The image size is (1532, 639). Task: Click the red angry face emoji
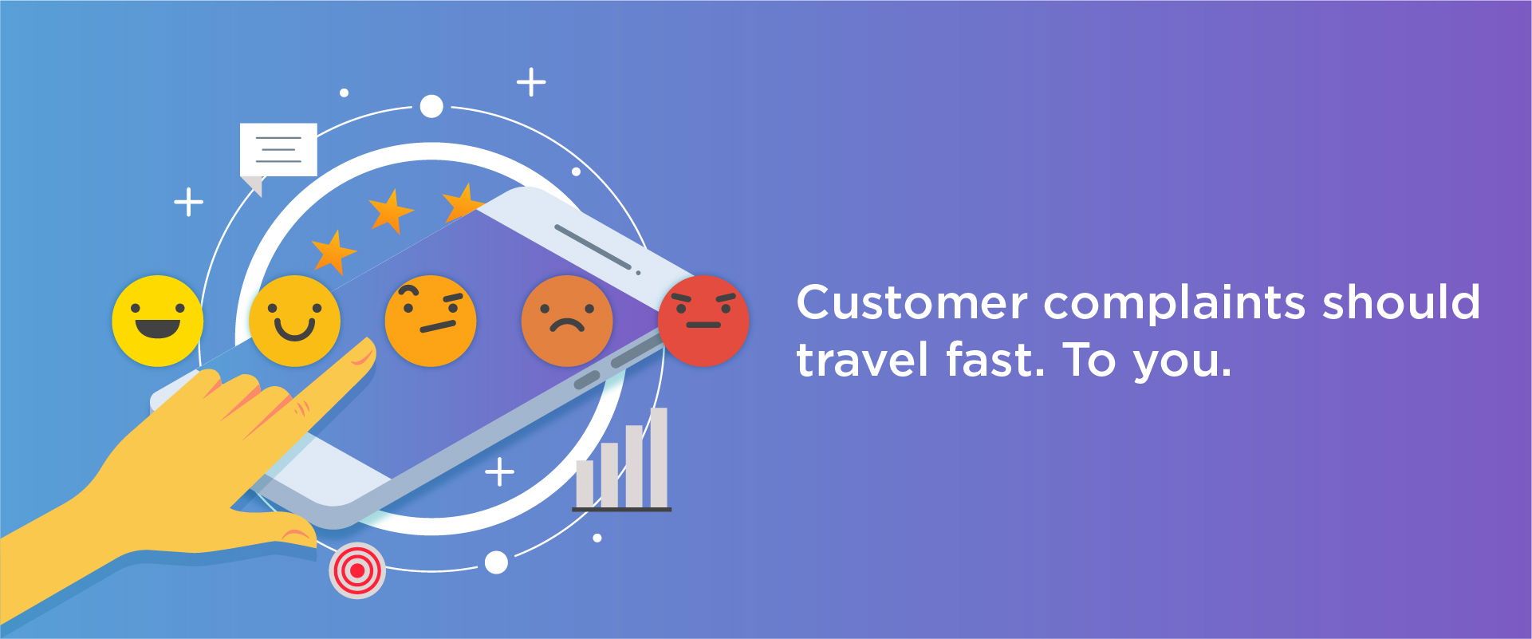[703, 321]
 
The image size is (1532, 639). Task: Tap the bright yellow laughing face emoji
[158, 321]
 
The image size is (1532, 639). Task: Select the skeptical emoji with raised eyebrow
[431, 321]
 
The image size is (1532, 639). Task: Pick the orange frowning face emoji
[567, 321]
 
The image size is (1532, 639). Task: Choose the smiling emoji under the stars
[294, 321]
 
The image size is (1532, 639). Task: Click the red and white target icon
[357, 570]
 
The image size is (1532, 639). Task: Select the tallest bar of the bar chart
[659, 457]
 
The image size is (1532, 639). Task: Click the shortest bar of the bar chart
[585, 483]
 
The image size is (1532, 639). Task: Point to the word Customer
[912, 302]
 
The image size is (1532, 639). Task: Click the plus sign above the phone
[531, 82]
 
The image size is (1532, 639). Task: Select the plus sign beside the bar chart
[500, 472]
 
